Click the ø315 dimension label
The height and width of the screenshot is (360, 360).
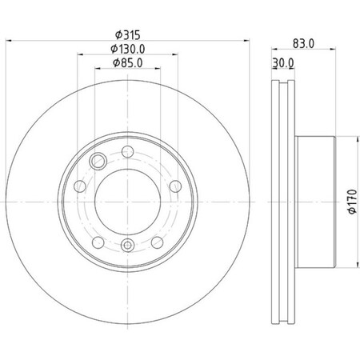coord(128,35)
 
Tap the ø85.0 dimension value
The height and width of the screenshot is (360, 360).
coord(128,63)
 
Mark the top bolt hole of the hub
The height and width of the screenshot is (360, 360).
coord(128,152)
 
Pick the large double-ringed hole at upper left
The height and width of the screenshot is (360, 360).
coord(99,159)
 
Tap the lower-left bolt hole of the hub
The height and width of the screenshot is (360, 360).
coord(96,242)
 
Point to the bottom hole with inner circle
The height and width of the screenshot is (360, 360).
coord(128,246)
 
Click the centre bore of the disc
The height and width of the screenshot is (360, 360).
coord(128,198)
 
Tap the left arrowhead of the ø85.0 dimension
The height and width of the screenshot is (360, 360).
coord(98,70)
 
